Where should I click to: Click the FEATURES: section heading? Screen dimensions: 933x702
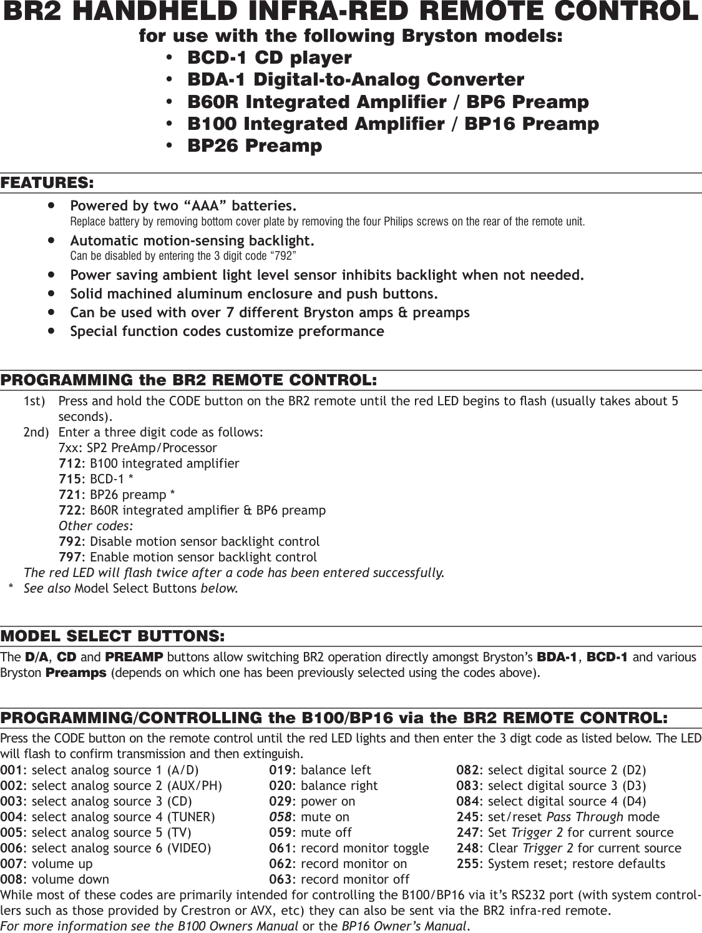pyautogui.click(x=47, y=183)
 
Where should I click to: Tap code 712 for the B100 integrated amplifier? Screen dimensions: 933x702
pyautogui.click(x=69, y=463)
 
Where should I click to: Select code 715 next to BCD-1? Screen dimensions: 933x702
pyautogui.click(x=69, y=479)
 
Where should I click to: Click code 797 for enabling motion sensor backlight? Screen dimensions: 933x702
pyautogui.click(x=69, y=556)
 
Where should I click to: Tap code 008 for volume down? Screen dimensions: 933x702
pyautogui.click(x=12, y=879)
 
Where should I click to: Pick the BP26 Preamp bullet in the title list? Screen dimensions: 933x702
pyautogui.click(x=255, y=146)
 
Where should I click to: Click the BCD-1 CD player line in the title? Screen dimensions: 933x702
pyautogui.click(x=270, y=57)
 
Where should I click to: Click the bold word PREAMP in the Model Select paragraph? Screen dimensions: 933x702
pyautogui.click(x=134, y=657)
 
